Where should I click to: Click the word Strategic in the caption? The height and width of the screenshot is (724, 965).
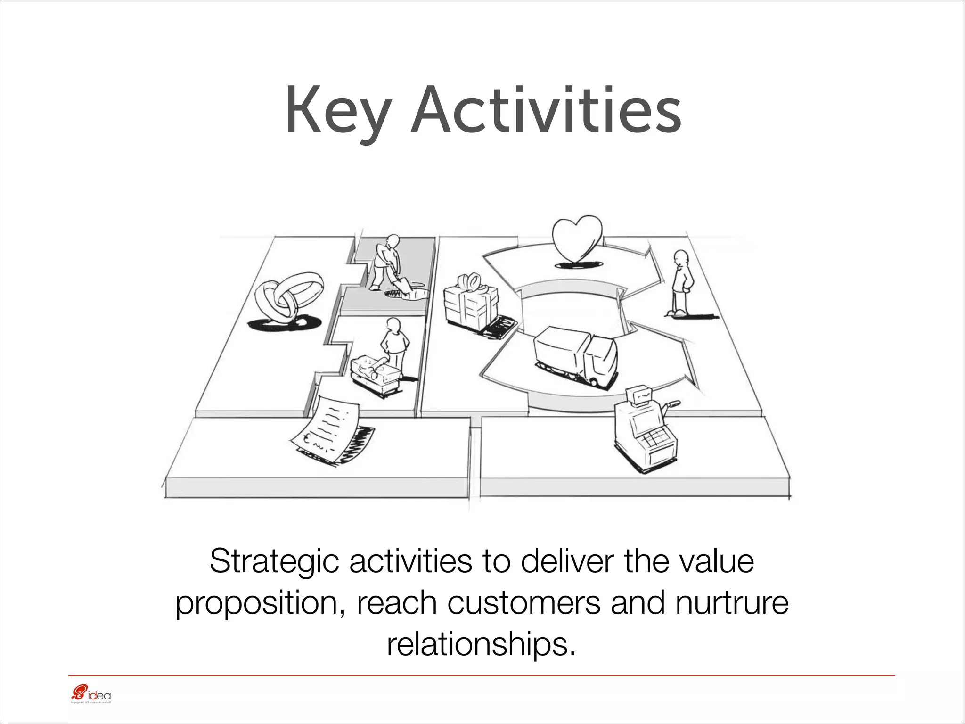[274, 562]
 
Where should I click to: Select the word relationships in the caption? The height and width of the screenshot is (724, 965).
[481, 644]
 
